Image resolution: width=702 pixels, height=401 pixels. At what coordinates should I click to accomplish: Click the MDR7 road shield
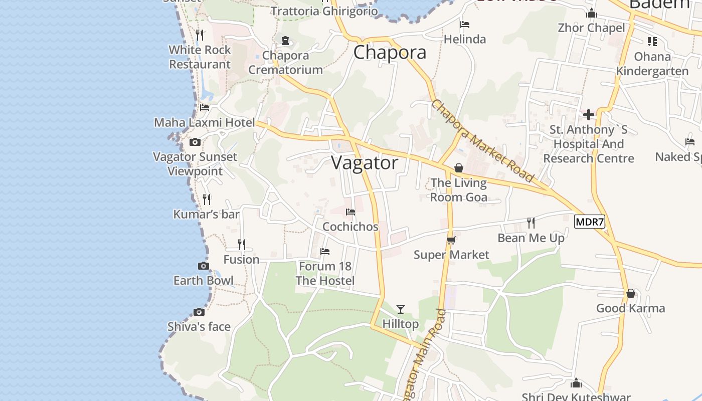[x=590, y=222]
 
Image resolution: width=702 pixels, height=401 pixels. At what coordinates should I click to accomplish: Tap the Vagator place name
[x=365, y=163]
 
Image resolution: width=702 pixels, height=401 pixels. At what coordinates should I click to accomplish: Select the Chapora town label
[x=390, y=53]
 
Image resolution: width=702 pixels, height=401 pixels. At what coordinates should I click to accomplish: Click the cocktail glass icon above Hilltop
[x=400, y=309]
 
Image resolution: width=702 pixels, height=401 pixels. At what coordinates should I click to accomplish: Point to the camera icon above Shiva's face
[x=199, y=312]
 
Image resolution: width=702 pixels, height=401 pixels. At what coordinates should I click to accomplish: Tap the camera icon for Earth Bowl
[x=203, y=266]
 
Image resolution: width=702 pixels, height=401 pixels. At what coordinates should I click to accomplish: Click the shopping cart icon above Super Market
[x=451, y=241]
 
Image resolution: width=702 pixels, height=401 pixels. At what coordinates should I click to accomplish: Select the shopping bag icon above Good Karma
[x=630, y=293]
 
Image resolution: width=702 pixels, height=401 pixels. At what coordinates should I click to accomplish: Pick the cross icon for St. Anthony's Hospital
[x=588, y=115]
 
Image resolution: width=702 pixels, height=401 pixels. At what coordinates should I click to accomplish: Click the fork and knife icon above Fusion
[x=242, y=244]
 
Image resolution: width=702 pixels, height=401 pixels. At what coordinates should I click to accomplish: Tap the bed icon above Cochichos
[x=350, y=212]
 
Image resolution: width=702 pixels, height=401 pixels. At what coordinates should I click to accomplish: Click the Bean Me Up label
[x=531, y=238]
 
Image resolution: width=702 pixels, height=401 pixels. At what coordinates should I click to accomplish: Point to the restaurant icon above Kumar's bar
[x=207, y=199]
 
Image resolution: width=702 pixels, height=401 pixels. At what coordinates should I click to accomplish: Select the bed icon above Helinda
[x=465, y=24]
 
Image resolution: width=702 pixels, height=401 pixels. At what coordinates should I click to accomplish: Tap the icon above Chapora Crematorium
[x=285, y=41]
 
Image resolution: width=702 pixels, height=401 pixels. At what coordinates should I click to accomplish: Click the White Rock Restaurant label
[x=200, y=57]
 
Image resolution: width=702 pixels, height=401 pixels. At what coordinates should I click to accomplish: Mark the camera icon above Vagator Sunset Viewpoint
[x=195, y=142]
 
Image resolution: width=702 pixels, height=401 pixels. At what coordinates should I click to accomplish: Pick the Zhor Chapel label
[x=591, y=28]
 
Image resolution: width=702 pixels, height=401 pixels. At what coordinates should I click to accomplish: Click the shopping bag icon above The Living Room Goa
[x=458, y=168]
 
